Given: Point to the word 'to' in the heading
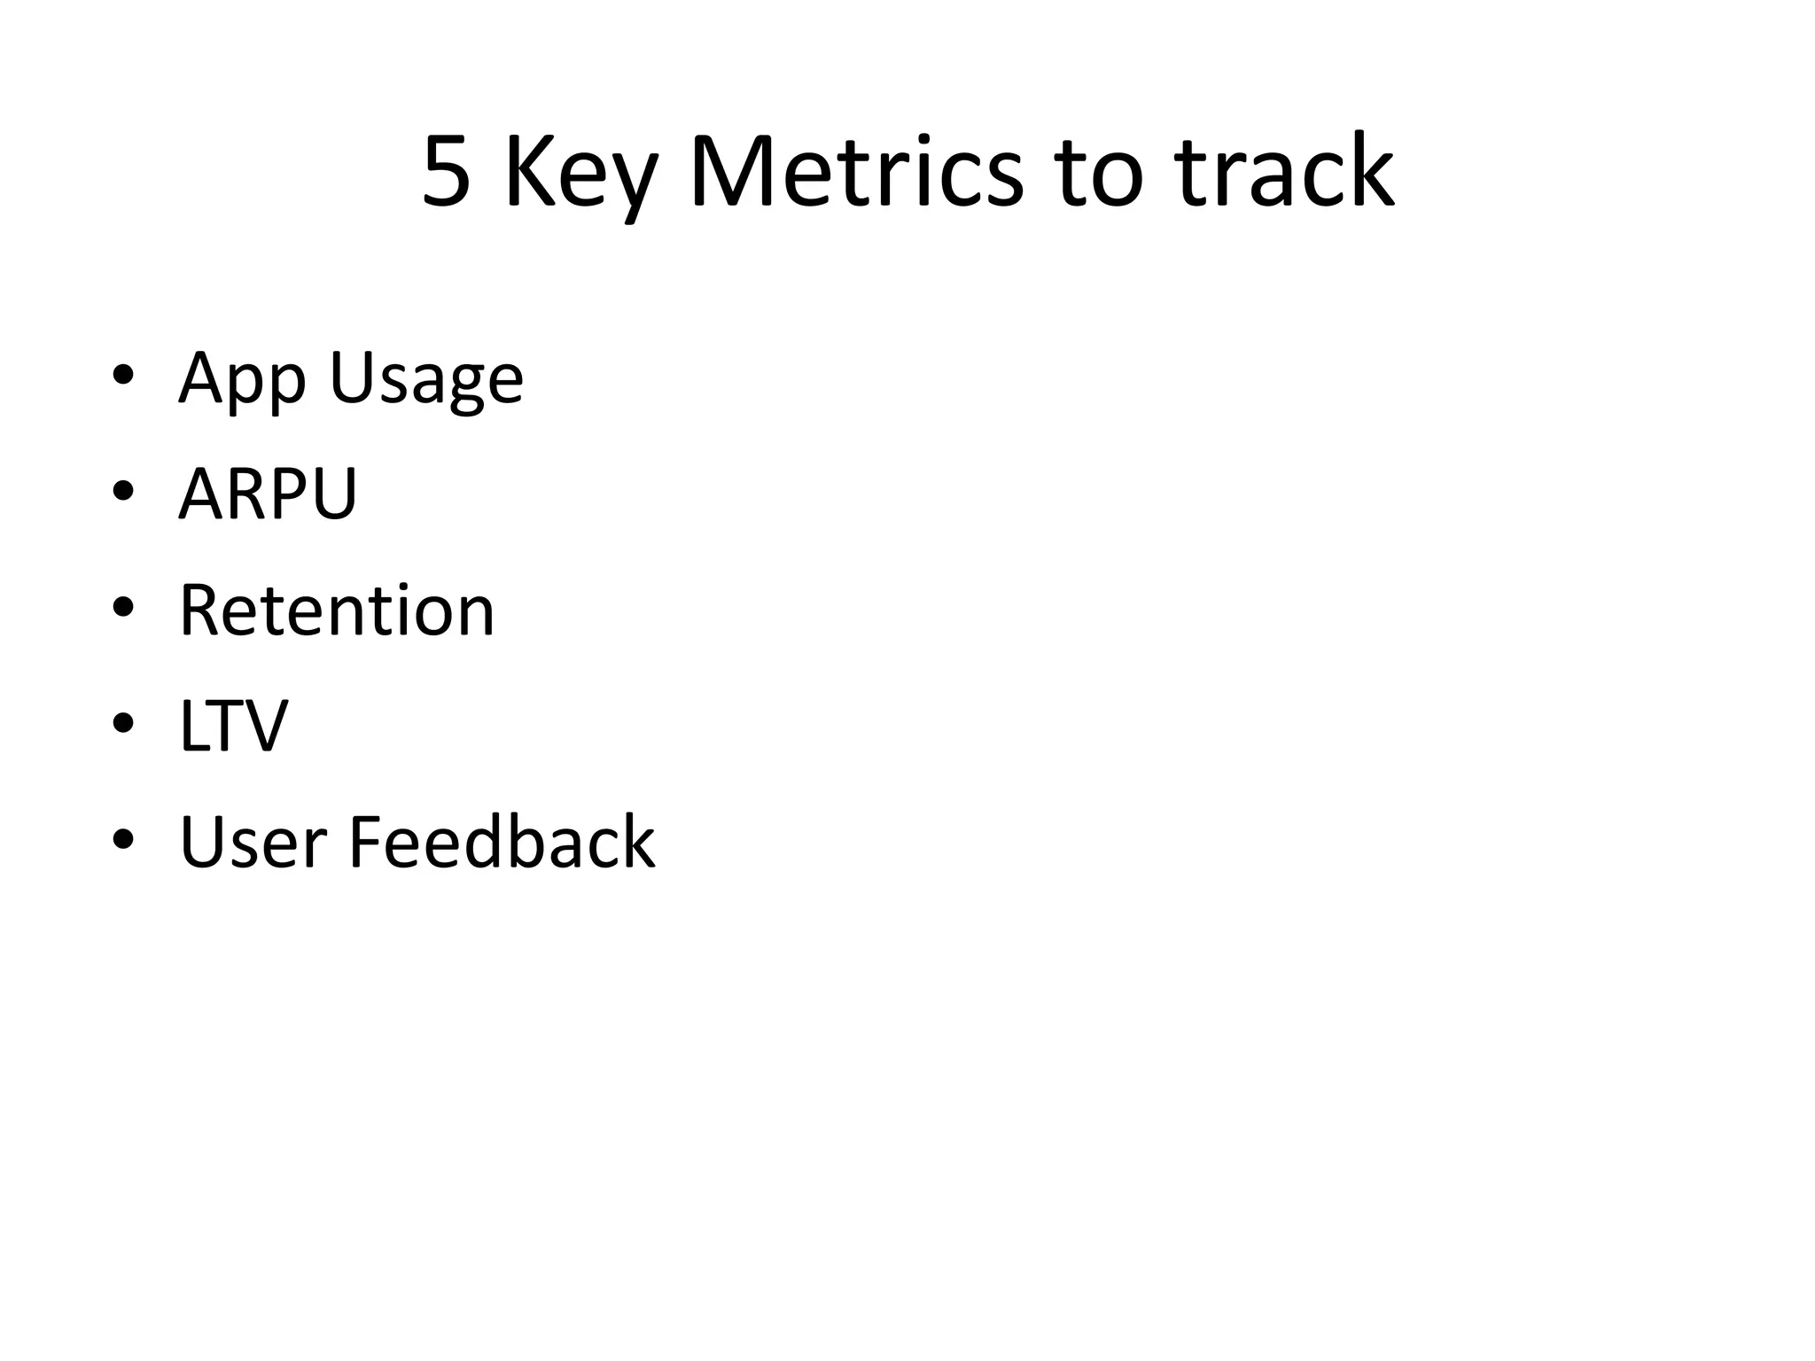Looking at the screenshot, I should coord(1096,173).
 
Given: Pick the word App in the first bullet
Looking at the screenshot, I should coord(242,379).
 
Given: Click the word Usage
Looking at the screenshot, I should coord(426,379).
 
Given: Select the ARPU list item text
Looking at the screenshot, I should coord(268,494).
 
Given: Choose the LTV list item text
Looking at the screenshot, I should coord(234,726).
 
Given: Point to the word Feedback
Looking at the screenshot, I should coord(502,841).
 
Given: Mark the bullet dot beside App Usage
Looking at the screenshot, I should coord(123,375).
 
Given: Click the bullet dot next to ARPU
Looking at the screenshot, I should coord(123,491).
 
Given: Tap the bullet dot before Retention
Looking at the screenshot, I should coord(123,607).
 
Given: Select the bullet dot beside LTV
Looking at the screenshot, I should coord(123,723).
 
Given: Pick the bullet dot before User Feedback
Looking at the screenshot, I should coord(123,838).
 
